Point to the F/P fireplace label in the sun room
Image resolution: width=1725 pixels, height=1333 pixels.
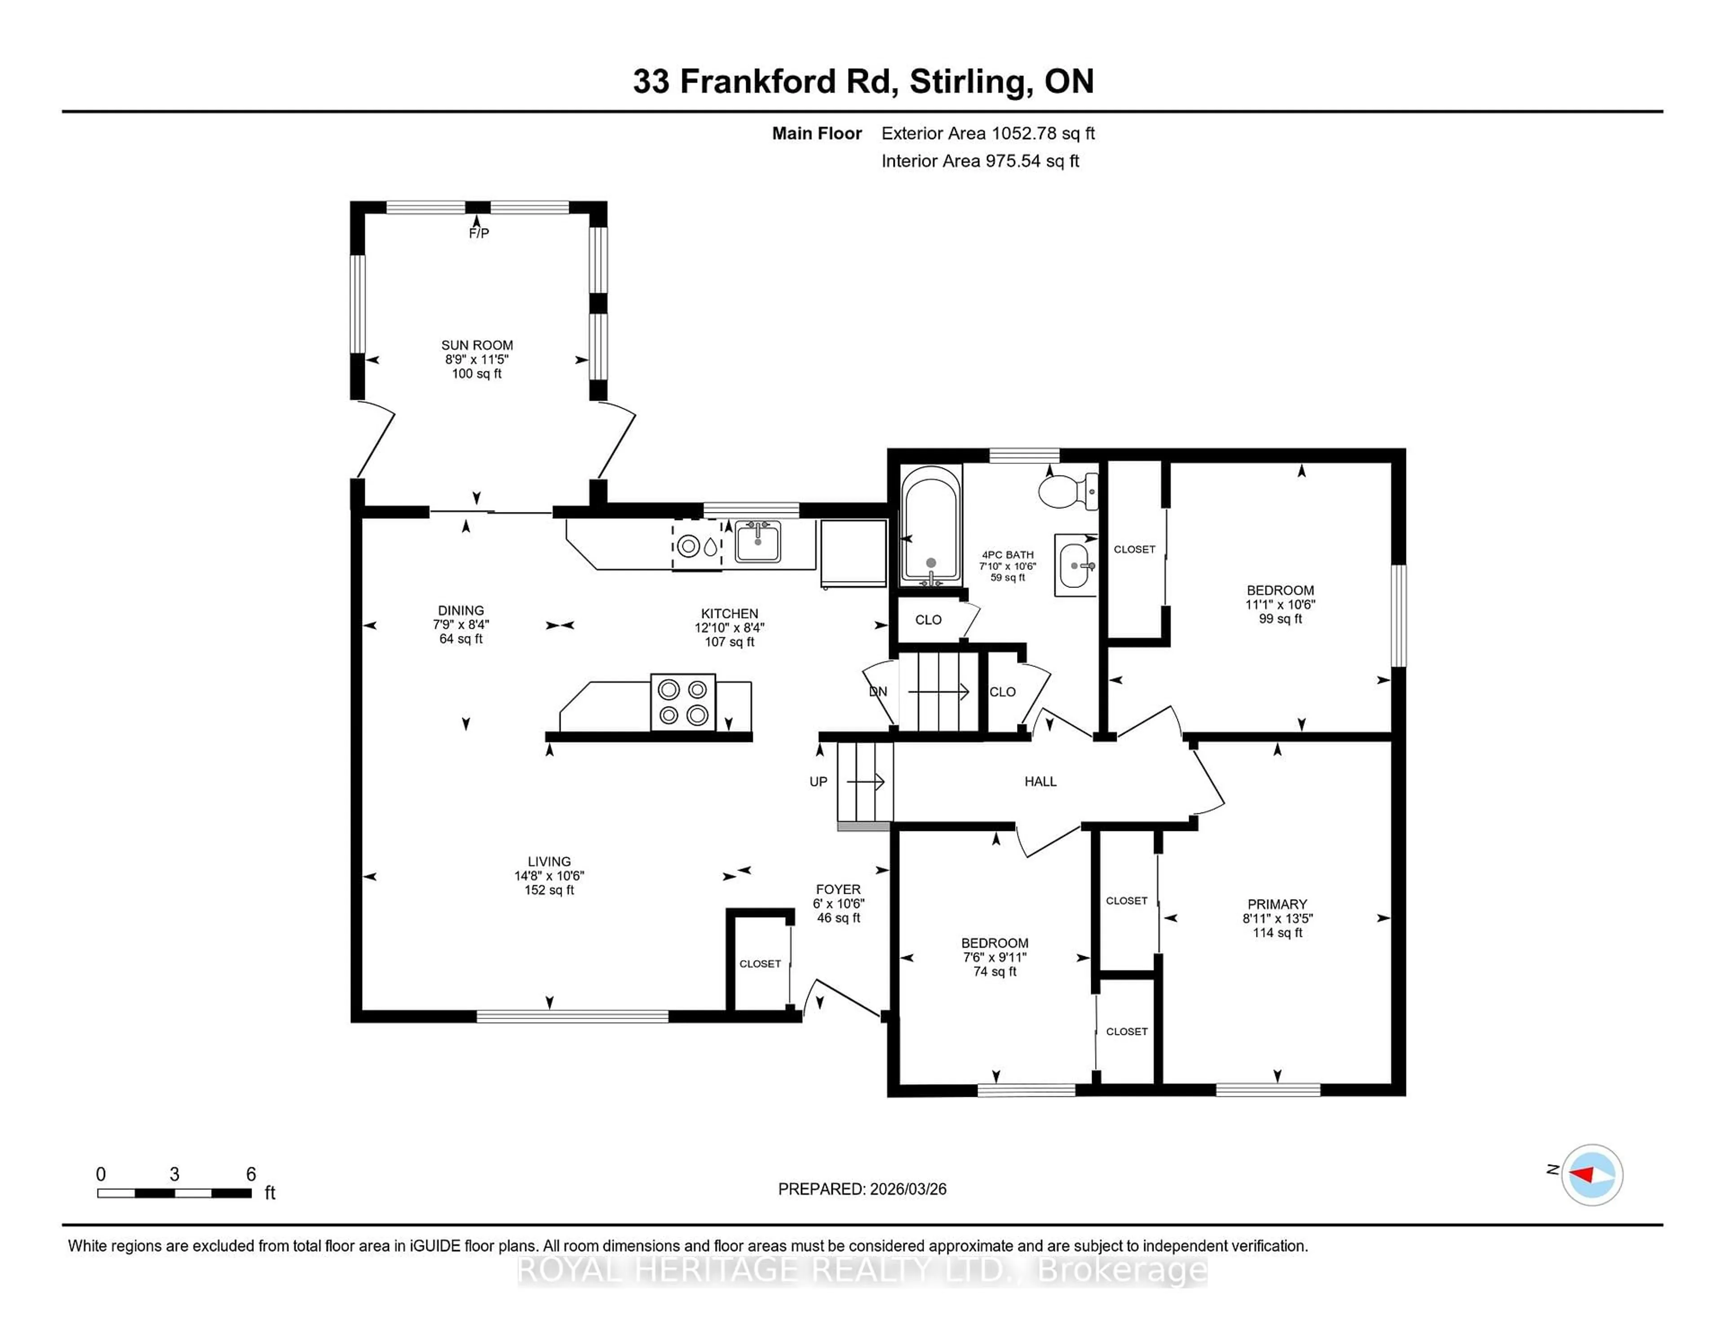click(478, 233)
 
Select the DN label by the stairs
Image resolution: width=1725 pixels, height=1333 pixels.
click(877, 692)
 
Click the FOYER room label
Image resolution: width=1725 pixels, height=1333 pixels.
click(838, 889)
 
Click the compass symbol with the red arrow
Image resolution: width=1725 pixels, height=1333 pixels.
click(1592, 1175)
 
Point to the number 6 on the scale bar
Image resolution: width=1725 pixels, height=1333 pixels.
click(251, 1174)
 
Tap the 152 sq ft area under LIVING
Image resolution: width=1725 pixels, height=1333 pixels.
click(549, 890)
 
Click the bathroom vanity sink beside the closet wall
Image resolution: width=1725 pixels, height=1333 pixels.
click(1075, 566)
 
